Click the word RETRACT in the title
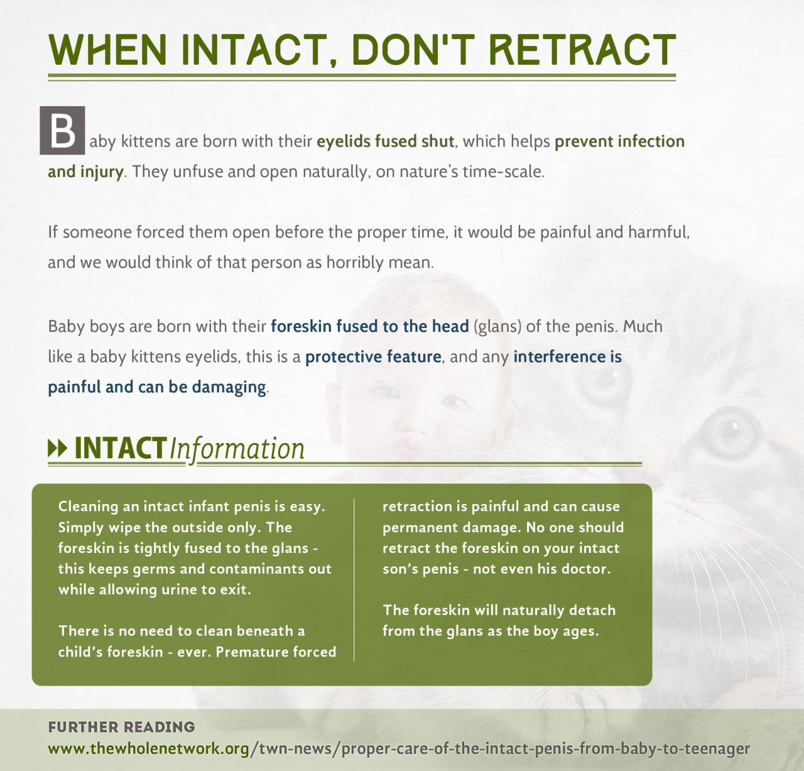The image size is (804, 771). tap(582, 50)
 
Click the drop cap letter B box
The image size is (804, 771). tap(62, 130)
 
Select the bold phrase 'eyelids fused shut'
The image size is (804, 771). tap(386, 141)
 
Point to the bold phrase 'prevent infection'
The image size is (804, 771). tap(619, 141)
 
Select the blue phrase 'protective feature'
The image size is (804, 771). tap(373, 357)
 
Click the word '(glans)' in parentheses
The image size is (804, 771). tap(497, 327)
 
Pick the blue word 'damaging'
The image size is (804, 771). tap(229, 387)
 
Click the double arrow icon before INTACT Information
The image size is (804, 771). tap(57, 449)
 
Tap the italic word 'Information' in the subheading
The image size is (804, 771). tap(237, 449)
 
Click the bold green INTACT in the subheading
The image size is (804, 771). tap(121, 448)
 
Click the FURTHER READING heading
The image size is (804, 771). tap(121, 727)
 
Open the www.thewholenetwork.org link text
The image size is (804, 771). tap(149, 748)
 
